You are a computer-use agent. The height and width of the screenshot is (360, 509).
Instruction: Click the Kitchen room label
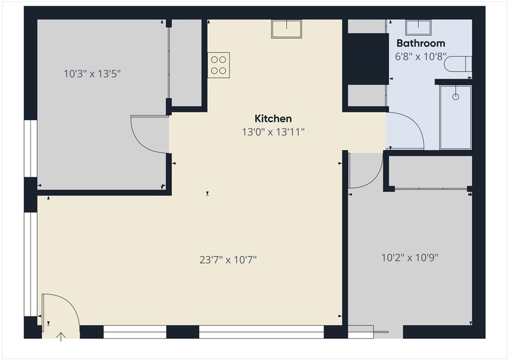click(273, 118)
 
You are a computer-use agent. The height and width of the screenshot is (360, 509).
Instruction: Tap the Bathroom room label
click(421, 43)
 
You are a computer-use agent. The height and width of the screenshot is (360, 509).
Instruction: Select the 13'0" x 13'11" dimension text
click(273, 132)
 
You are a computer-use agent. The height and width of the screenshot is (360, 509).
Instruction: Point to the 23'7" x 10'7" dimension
click(229, 259)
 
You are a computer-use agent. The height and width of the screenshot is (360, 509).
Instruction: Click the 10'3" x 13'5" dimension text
click(92, 74)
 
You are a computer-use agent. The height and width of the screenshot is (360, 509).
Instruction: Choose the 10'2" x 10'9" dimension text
click(410, 258)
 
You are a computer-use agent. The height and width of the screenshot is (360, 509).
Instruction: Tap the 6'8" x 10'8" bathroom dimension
click(421, 57)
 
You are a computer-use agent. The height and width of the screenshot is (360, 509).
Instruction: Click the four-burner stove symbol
click(219, 65)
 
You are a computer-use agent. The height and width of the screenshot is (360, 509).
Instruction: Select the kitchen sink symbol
click(286, 29)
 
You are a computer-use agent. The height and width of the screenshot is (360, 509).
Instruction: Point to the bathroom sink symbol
click(418, 26)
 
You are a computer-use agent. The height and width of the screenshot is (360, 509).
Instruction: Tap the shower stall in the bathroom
click(455, 117)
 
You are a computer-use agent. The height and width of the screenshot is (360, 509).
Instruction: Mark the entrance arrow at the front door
click(61, 337)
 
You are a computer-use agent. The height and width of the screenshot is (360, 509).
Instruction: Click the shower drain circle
click(455, 97)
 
